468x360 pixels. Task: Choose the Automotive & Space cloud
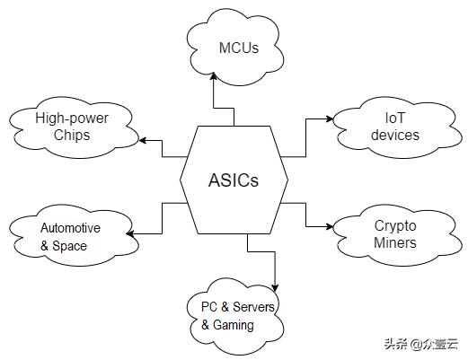tap(69, 236)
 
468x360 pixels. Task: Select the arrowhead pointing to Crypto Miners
tap(330, 225)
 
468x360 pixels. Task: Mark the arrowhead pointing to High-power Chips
tap(138, 141)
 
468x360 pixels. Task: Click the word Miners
tap(394, 242)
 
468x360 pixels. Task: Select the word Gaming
tap(234, 325)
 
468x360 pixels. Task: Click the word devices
tap(394, 136)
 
